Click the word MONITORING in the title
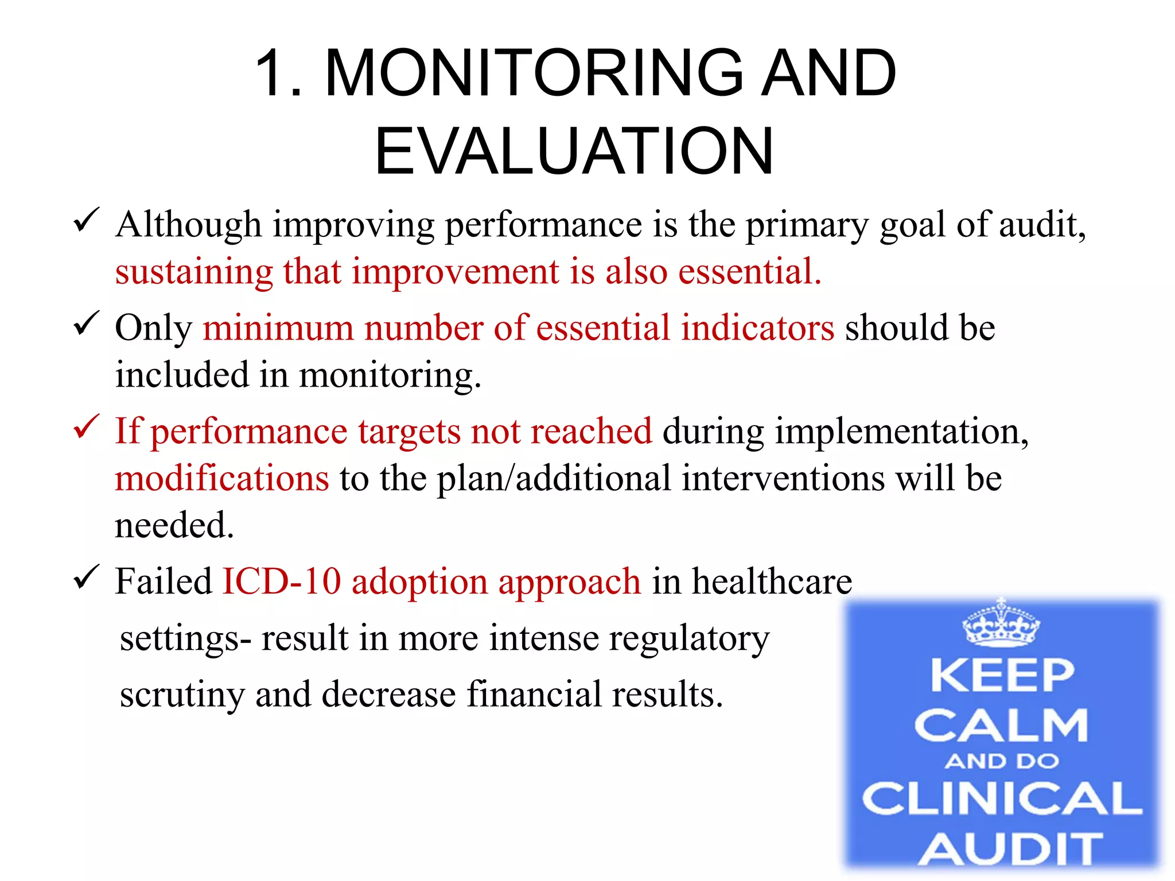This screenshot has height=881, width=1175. pyautogui.click(x=534, y=73)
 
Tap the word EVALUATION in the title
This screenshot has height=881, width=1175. pyautogui.click(x=574, y=151)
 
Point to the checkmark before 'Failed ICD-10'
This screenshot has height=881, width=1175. pyautogui.click(x=87, y=577)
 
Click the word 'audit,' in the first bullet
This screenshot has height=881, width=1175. pyautogui.click(x=1042, y=224)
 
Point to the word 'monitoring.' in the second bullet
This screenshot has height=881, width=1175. pyautogui.click(x=390, y=376)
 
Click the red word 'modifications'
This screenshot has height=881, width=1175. pyautogui.click(x=222, y=478)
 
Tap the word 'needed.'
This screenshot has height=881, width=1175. pyautogui.click(x=174, y=525)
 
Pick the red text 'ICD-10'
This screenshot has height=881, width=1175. pyautogui.click(x=281, y=582)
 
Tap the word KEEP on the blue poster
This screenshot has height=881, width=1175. pyautogui.click(x=1002, y=676)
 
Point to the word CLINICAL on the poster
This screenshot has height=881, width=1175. pyautogui.click(x=1002, y=798)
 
